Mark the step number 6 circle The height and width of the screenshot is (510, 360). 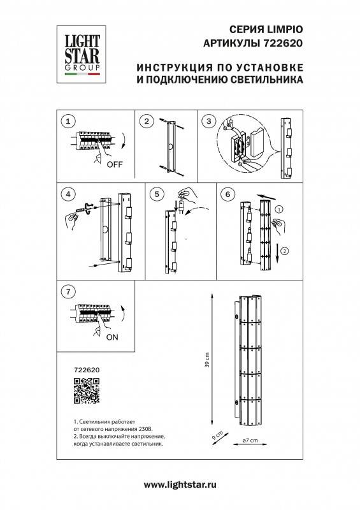pos(227,193)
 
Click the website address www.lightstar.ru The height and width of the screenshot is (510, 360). pos(180,485)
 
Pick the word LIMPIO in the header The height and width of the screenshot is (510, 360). pos(283,30)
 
